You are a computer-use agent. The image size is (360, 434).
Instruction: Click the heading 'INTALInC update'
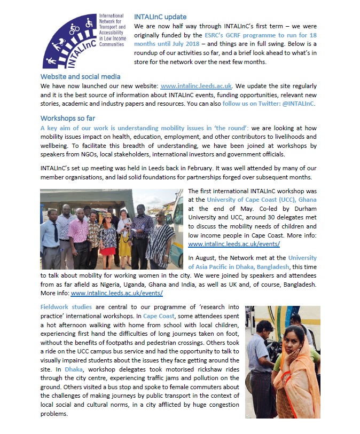[x=160, y=17]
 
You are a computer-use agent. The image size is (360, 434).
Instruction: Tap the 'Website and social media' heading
[x=81, y=76]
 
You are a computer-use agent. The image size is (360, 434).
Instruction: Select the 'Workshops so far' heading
[x=68, y=118]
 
